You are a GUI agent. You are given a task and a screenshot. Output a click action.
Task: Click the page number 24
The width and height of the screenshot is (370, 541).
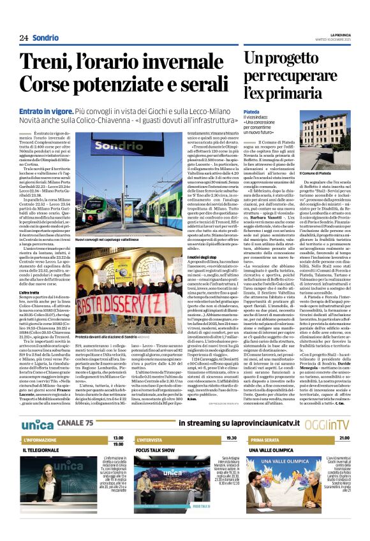coord(24,38)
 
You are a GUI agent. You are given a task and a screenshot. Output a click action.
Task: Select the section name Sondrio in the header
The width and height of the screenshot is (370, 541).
coord(45,38)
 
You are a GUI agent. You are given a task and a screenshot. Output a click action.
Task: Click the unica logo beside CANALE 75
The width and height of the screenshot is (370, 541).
coord(38,406)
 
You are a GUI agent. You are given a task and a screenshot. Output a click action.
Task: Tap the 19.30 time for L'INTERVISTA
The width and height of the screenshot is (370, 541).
coord(231,421)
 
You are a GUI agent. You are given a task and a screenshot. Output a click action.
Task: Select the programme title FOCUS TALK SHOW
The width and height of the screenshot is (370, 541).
coord(156,432)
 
